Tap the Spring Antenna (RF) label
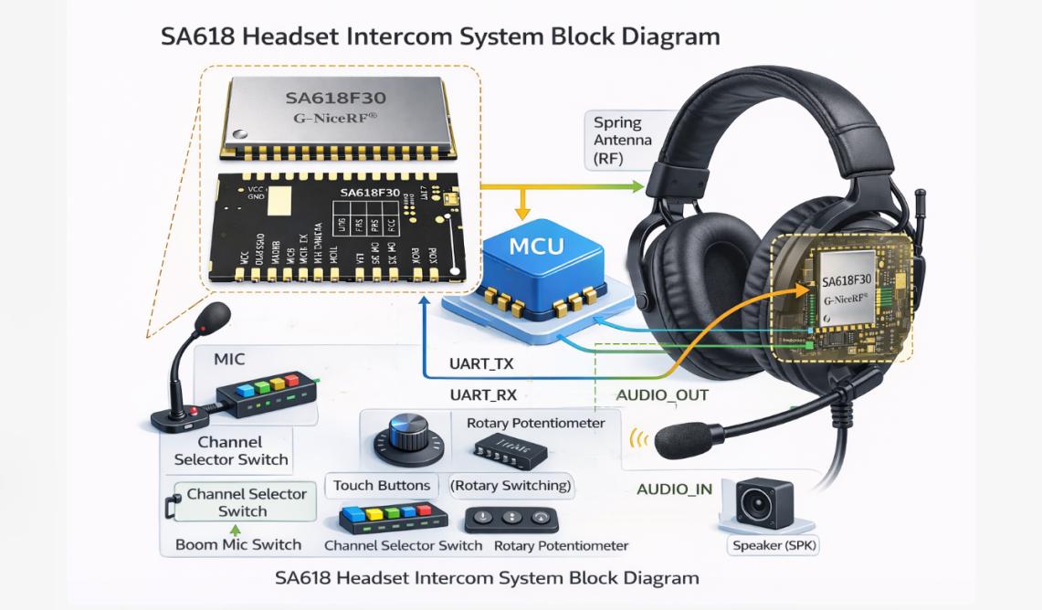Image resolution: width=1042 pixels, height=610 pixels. point(623,140)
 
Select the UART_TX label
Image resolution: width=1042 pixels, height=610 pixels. point(480,363)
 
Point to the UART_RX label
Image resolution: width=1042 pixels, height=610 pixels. point(482,395)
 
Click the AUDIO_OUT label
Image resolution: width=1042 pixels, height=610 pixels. point(662,395)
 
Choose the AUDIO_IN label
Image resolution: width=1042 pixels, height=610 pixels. point(674,489)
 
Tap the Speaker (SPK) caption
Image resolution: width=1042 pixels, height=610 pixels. point(775,546)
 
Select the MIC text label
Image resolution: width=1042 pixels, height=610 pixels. point(228,360)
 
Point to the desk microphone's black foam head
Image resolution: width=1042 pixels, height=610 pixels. point(213,320)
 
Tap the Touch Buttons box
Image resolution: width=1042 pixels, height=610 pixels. point(381,485)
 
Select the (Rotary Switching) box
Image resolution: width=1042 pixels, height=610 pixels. point(510,485)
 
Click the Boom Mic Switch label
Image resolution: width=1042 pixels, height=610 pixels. point(237,544)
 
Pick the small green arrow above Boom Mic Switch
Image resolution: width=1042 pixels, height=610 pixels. point(237,529)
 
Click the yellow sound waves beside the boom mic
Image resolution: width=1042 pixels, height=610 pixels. point(638,439)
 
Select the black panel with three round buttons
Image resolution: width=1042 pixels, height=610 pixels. point(511,519)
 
